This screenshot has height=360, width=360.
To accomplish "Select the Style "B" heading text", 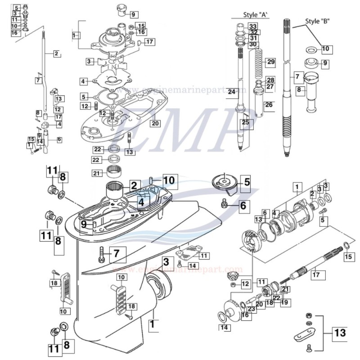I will (317, 21).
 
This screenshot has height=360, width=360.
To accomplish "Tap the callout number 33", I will (253, 27).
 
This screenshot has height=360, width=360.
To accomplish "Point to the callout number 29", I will (270, 61).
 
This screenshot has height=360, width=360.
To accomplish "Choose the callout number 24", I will (232, 92).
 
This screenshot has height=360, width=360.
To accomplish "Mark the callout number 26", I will (268, 105).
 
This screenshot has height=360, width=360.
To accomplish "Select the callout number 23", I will (251, 309).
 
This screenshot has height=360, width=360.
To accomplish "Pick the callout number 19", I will (284, 302).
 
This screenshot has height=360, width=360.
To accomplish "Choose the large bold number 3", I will (166, 261).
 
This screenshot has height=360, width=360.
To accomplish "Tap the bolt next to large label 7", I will (100, 255).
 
